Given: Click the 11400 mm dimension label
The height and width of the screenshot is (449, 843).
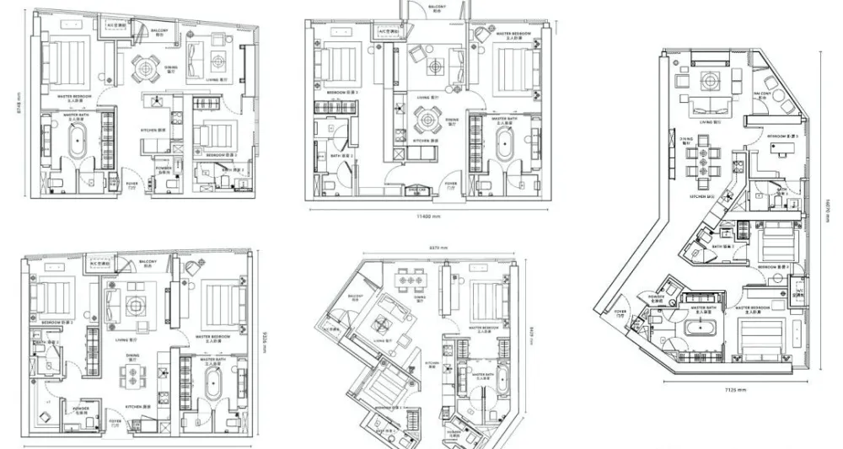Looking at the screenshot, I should click(x=430, y=216).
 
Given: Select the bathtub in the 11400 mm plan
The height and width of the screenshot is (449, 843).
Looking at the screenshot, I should click(x=505, y=147).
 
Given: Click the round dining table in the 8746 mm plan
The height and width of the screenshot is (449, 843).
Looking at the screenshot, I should click(x=148, y=65).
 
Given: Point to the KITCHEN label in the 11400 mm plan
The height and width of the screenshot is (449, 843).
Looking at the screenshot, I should click(x=421, y=141).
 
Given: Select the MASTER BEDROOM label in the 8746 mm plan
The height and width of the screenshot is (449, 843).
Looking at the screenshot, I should click(x=74, y=97).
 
